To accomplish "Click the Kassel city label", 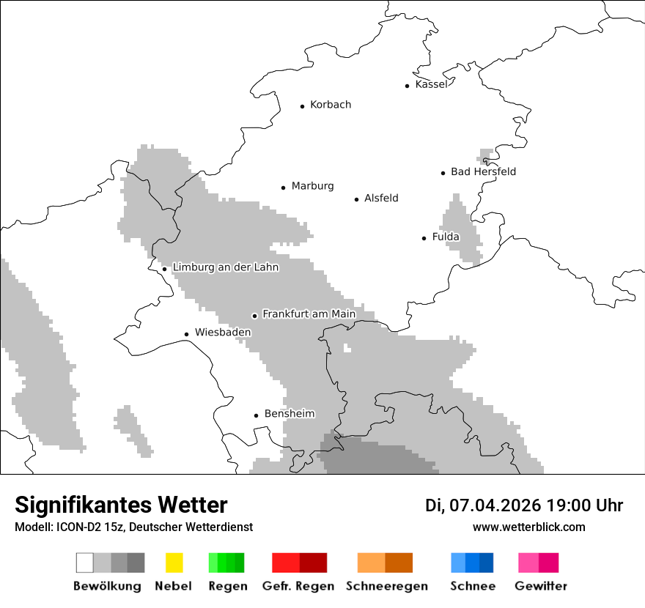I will click(431, 84).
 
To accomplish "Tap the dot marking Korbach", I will click(302, 106).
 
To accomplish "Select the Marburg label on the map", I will click(312, 186).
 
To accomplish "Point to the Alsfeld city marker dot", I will click(357, 199).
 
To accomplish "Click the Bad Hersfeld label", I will click(483, 171).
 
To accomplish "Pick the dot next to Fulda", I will click(424, 238).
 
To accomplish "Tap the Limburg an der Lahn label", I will click(225, 267).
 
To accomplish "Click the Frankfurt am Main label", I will click(309, 314).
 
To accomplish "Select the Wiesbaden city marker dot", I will click(187, 334).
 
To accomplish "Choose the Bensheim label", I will click(289, 414).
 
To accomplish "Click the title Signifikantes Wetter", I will click(121, 505).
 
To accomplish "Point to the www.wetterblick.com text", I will click(528, 527).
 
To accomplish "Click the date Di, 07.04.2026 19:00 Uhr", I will click(523, 505).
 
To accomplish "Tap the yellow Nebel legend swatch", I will click(174, 563).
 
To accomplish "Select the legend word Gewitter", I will click(541, 586).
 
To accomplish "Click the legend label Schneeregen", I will click(386, 586).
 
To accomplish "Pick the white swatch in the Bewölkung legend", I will click(85, 563).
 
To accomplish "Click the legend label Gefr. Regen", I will click(298, 586).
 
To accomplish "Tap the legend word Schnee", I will click(473, 586).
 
